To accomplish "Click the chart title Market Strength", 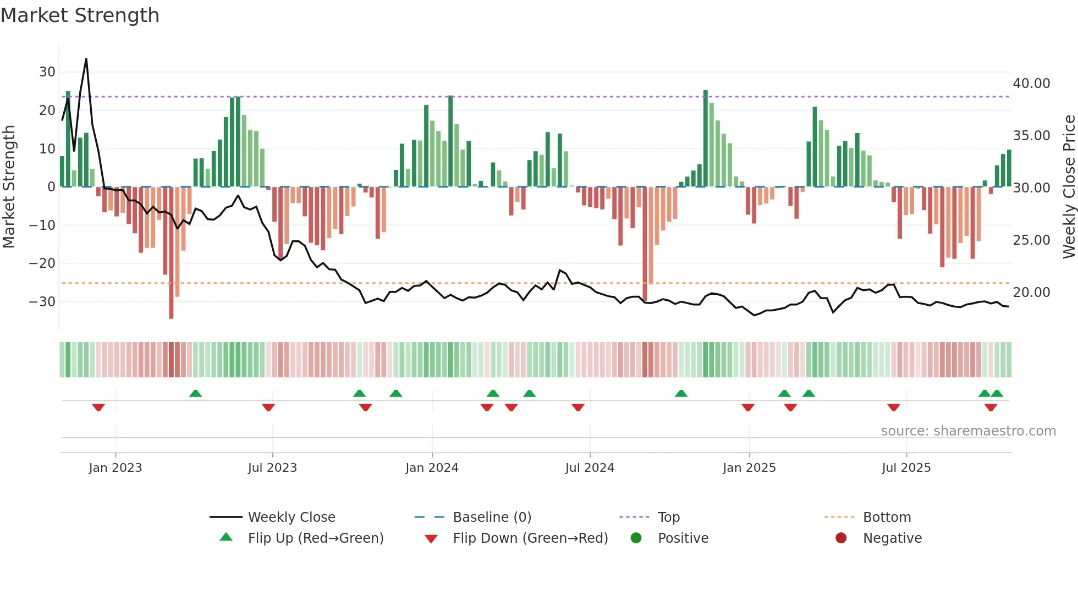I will [x=80, y=15].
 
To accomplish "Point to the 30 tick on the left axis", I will [x=47, y=72].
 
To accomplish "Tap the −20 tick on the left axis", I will [x=42, y=263].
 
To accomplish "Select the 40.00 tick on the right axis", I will [x=1031, y=84].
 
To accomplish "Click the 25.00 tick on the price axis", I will [x=1031, y=240].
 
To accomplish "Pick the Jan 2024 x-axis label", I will [x=432, y=468].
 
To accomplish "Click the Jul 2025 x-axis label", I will [x=906, y=468].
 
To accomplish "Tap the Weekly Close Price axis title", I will [x=1069, y=187].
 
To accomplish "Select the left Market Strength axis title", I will [x=9, y=187].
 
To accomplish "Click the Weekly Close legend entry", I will [x=291, y=517].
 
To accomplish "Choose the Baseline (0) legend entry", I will [x=492, y=517].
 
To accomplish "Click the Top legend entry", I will [x=668, y=517].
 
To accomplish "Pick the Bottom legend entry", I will [x=887, y=517].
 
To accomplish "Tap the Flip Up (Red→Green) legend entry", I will [x=315, y=538].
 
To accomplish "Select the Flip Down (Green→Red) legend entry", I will [x=530, y=538].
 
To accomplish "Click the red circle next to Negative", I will [x=841, y=538].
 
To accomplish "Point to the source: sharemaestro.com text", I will [x=968, y=431].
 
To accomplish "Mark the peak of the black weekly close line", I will [x=86, y=59].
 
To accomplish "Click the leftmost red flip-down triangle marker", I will [x=98, y=407].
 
